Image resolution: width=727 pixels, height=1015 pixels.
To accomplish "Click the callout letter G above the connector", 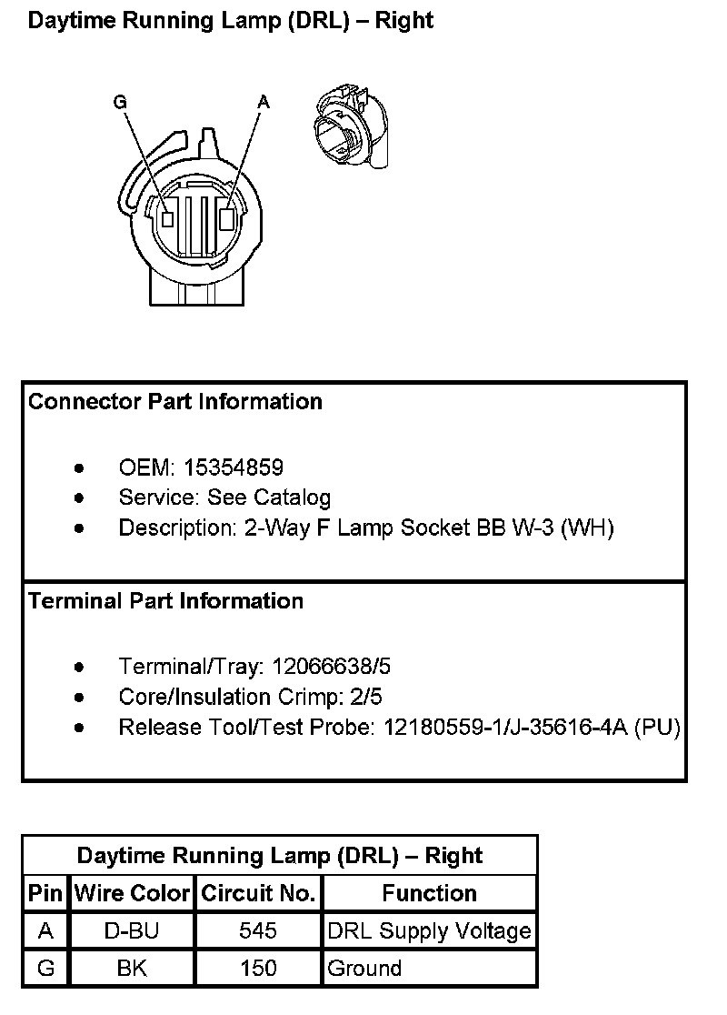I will pos(120,103).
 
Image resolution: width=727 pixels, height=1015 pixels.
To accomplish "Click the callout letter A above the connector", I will pos(264,103).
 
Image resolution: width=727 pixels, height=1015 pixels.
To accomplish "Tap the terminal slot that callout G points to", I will pos(167,219).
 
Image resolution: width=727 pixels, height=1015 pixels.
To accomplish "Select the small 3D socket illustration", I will pos(351,126).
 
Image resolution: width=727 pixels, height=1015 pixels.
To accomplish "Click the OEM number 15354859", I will pos(234,467).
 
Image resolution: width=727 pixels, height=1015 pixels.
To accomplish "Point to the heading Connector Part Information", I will pos(175,401).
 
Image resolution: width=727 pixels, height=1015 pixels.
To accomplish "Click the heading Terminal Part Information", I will pos(166,601).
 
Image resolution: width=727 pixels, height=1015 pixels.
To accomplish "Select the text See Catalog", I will pos(269,497).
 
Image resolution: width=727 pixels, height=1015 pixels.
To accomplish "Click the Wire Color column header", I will pos(133,893).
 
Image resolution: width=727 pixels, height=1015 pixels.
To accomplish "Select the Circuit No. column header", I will pos(258,893).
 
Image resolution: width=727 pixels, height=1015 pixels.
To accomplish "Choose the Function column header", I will pos(429,893).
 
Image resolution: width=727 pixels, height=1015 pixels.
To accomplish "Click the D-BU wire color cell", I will pos(133,931).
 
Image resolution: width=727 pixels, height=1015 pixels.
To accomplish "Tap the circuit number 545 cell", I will pos(258,931).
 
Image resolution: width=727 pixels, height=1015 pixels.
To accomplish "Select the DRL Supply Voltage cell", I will pos(429,931).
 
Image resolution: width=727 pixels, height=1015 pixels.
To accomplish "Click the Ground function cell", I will pos(364,969).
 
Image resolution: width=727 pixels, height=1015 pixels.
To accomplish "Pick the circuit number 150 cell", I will pos(258,969).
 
